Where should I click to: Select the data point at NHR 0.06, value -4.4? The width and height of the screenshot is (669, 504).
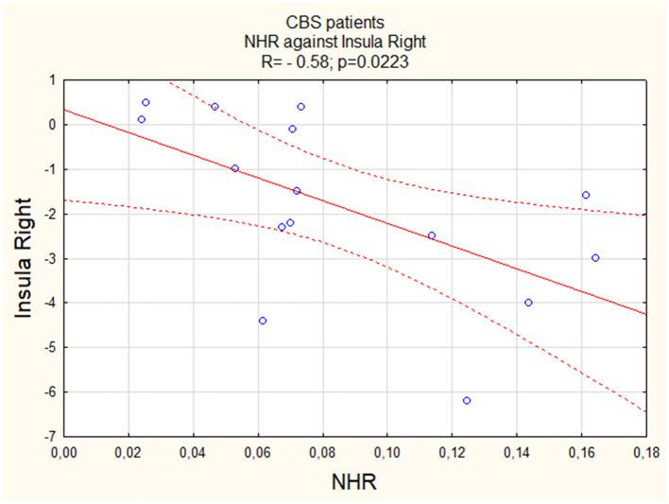point(263,321)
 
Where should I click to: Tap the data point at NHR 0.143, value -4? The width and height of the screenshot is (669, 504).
point(528,303)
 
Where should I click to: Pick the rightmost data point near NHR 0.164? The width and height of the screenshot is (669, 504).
point(595,257)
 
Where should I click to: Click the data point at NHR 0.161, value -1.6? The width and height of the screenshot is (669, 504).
point(586,195)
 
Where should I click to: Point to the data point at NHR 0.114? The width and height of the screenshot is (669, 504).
point(432,235)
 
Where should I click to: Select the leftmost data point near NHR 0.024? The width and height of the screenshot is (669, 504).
point(142,119)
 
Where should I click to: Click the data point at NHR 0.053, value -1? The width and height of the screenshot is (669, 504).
point(235,168)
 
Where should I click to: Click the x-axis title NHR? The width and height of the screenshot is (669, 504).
point(354,482)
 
